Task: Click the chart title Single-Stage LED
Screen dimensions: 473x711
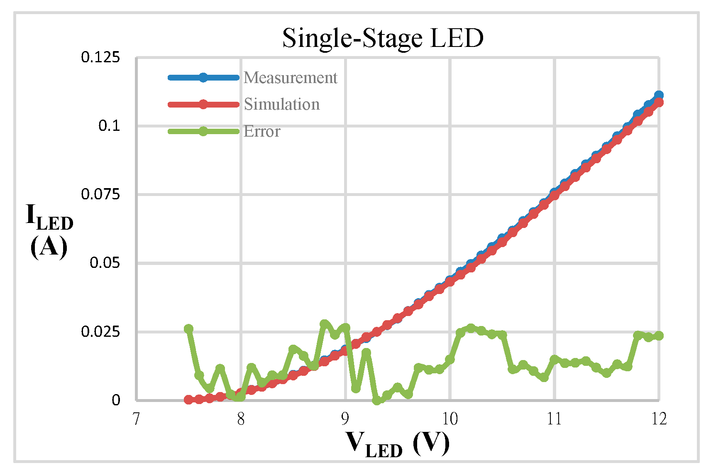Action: tap(383, 38)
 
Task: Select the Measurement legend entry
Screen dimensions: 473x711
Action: tap(290, 78)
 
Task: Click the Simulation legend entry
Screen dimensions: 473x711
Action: tap(281, 104)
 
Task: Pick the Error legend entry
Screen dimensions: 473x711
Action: tap(262, 131)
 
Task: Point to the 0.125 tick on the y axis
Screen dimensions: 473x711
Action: tap(100, 57)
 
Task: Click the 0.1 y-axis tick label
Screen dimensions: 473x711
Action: tap(109, 125)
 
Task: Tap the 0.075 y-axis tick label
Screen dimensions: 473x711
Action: tap(100, 194)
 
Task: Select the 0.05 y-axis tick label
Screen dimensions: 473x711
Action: tap(105, 262)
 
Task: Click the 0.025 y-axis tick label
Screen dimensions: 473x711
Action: tap(100, 331)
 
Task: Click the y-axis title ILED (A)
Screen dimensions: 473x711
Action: tap(49, 231)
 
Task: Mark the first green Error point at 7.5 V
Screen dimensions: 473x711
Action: tap(188, 329)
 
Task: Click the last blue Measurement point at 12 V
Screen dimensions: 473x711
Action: tap(659, 95)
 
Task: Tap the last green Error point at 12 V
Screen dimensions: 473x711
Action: tap(659, 336)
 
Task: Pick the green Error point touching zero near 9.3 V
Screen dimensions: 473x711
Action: tap(377, 400)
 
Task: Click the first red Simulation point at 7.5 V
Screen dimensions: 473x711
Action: tap(188, 399)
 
